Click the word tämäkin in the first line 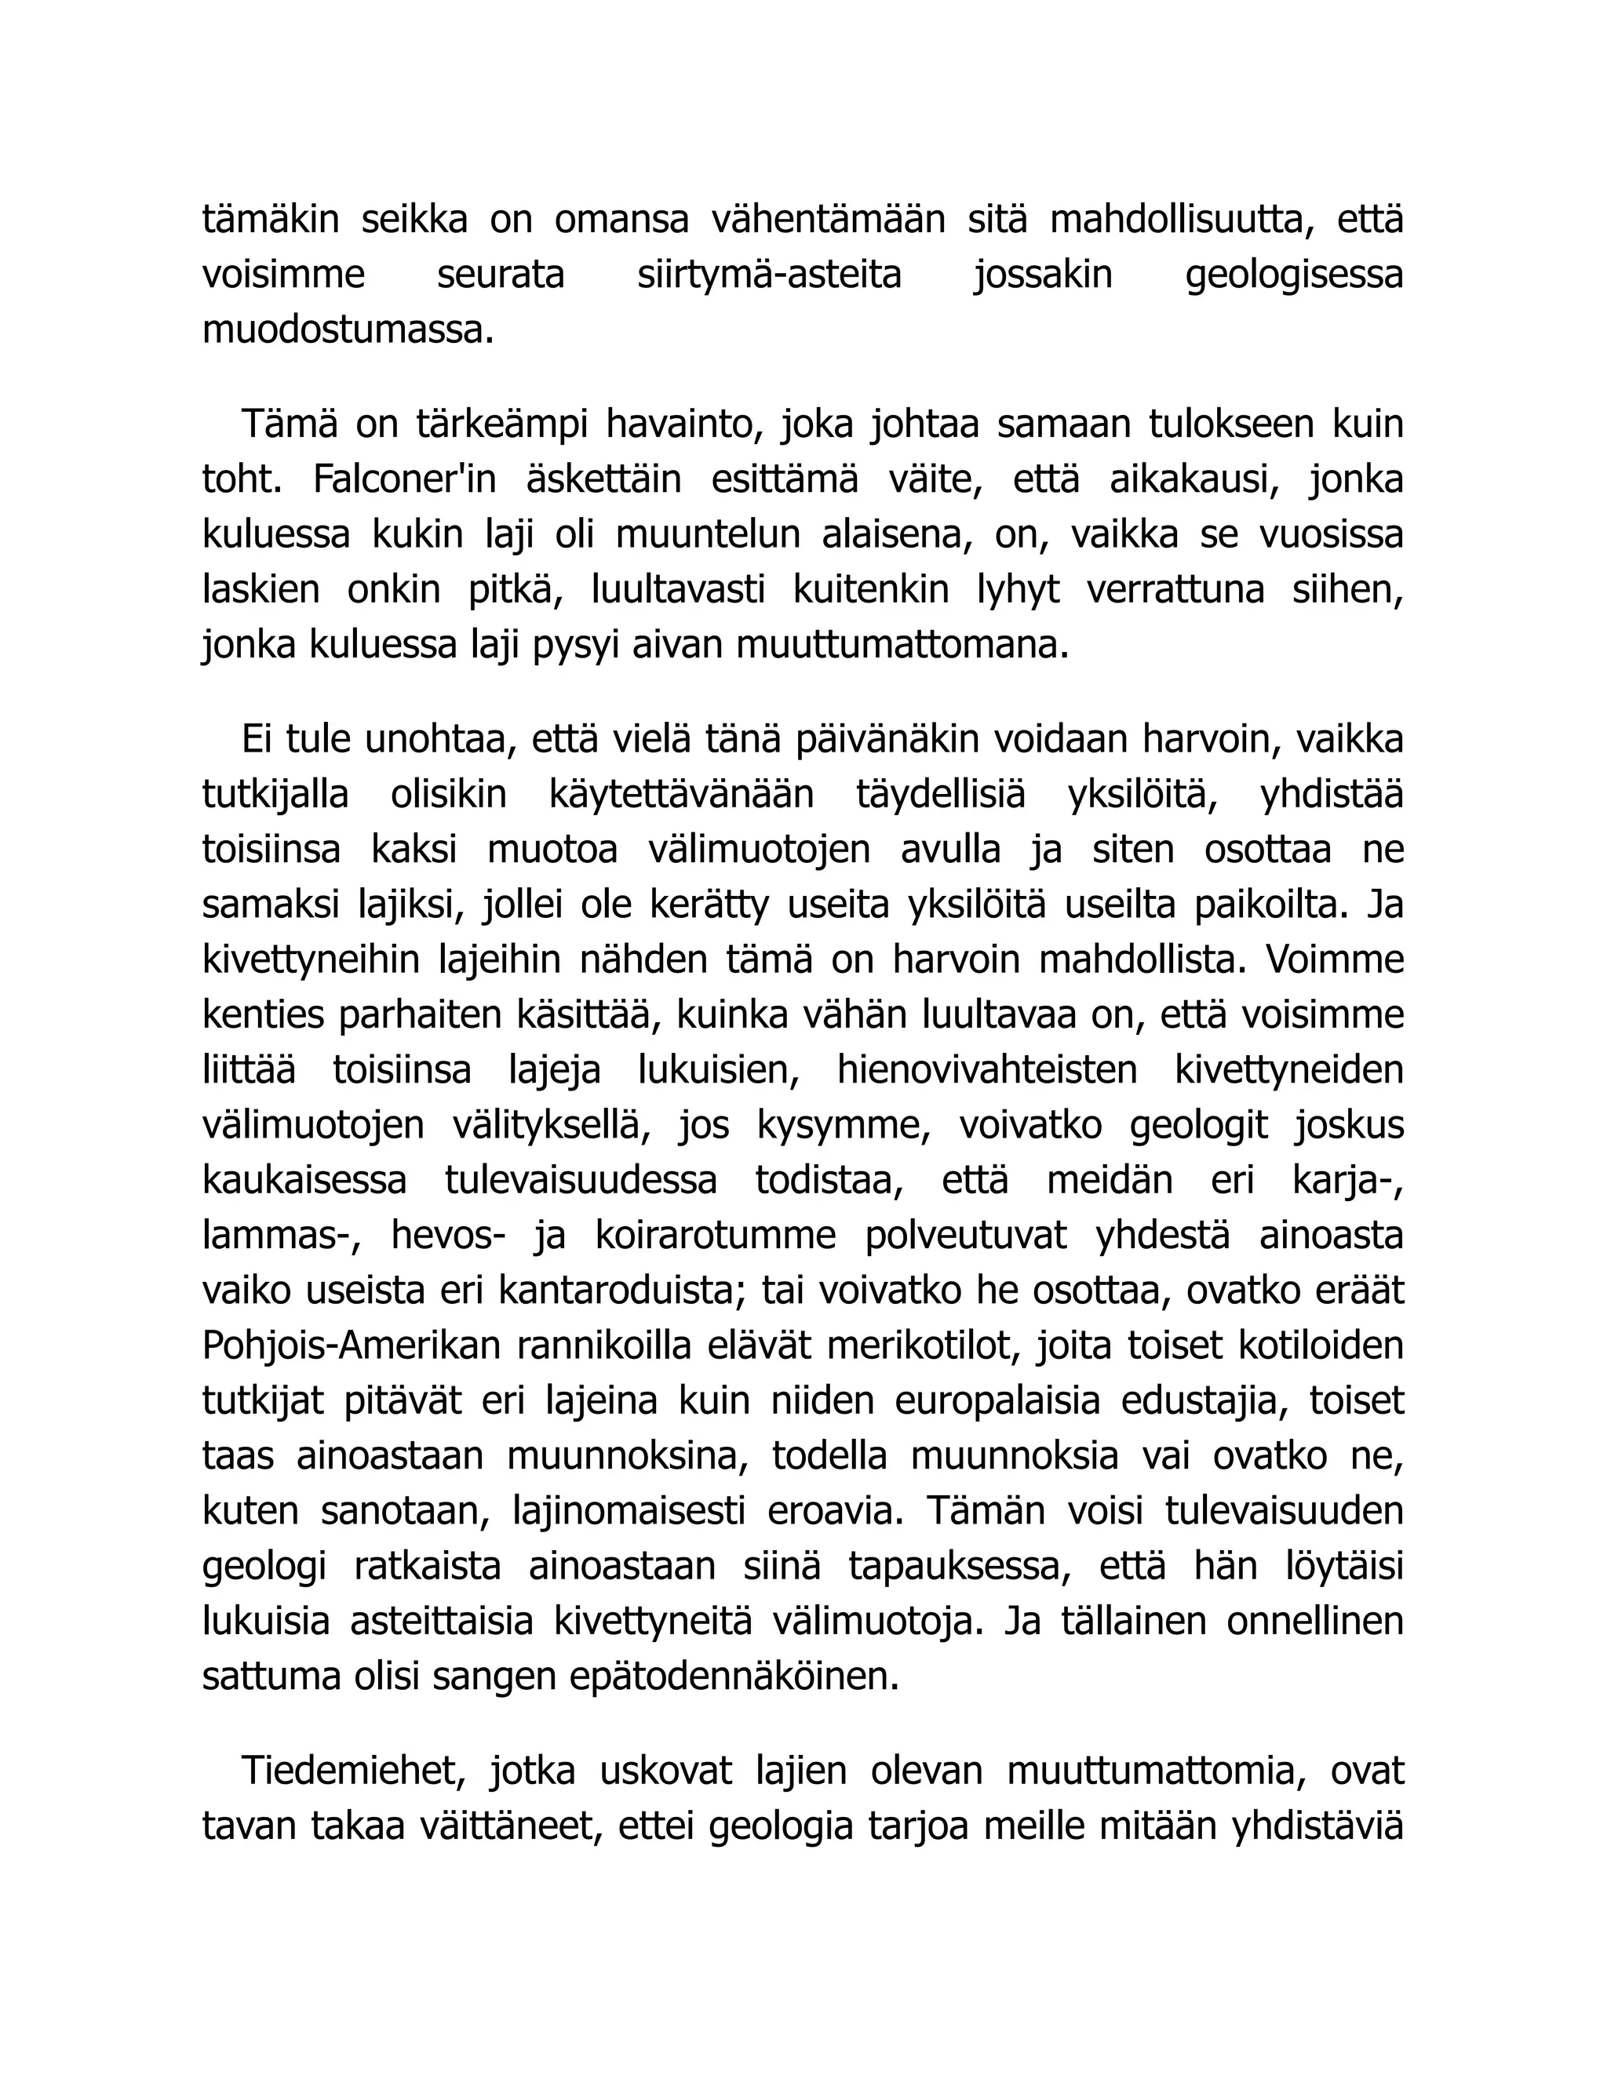(x=271, y=220)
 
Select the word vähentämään (x=829, y=220)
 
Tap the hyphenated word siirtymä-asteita (x=769, y=275)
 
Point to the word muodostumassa (x=348, y=330)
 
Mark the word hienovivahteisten (x=987, y=1070)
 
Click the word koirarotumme (x=715, y=1236)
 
